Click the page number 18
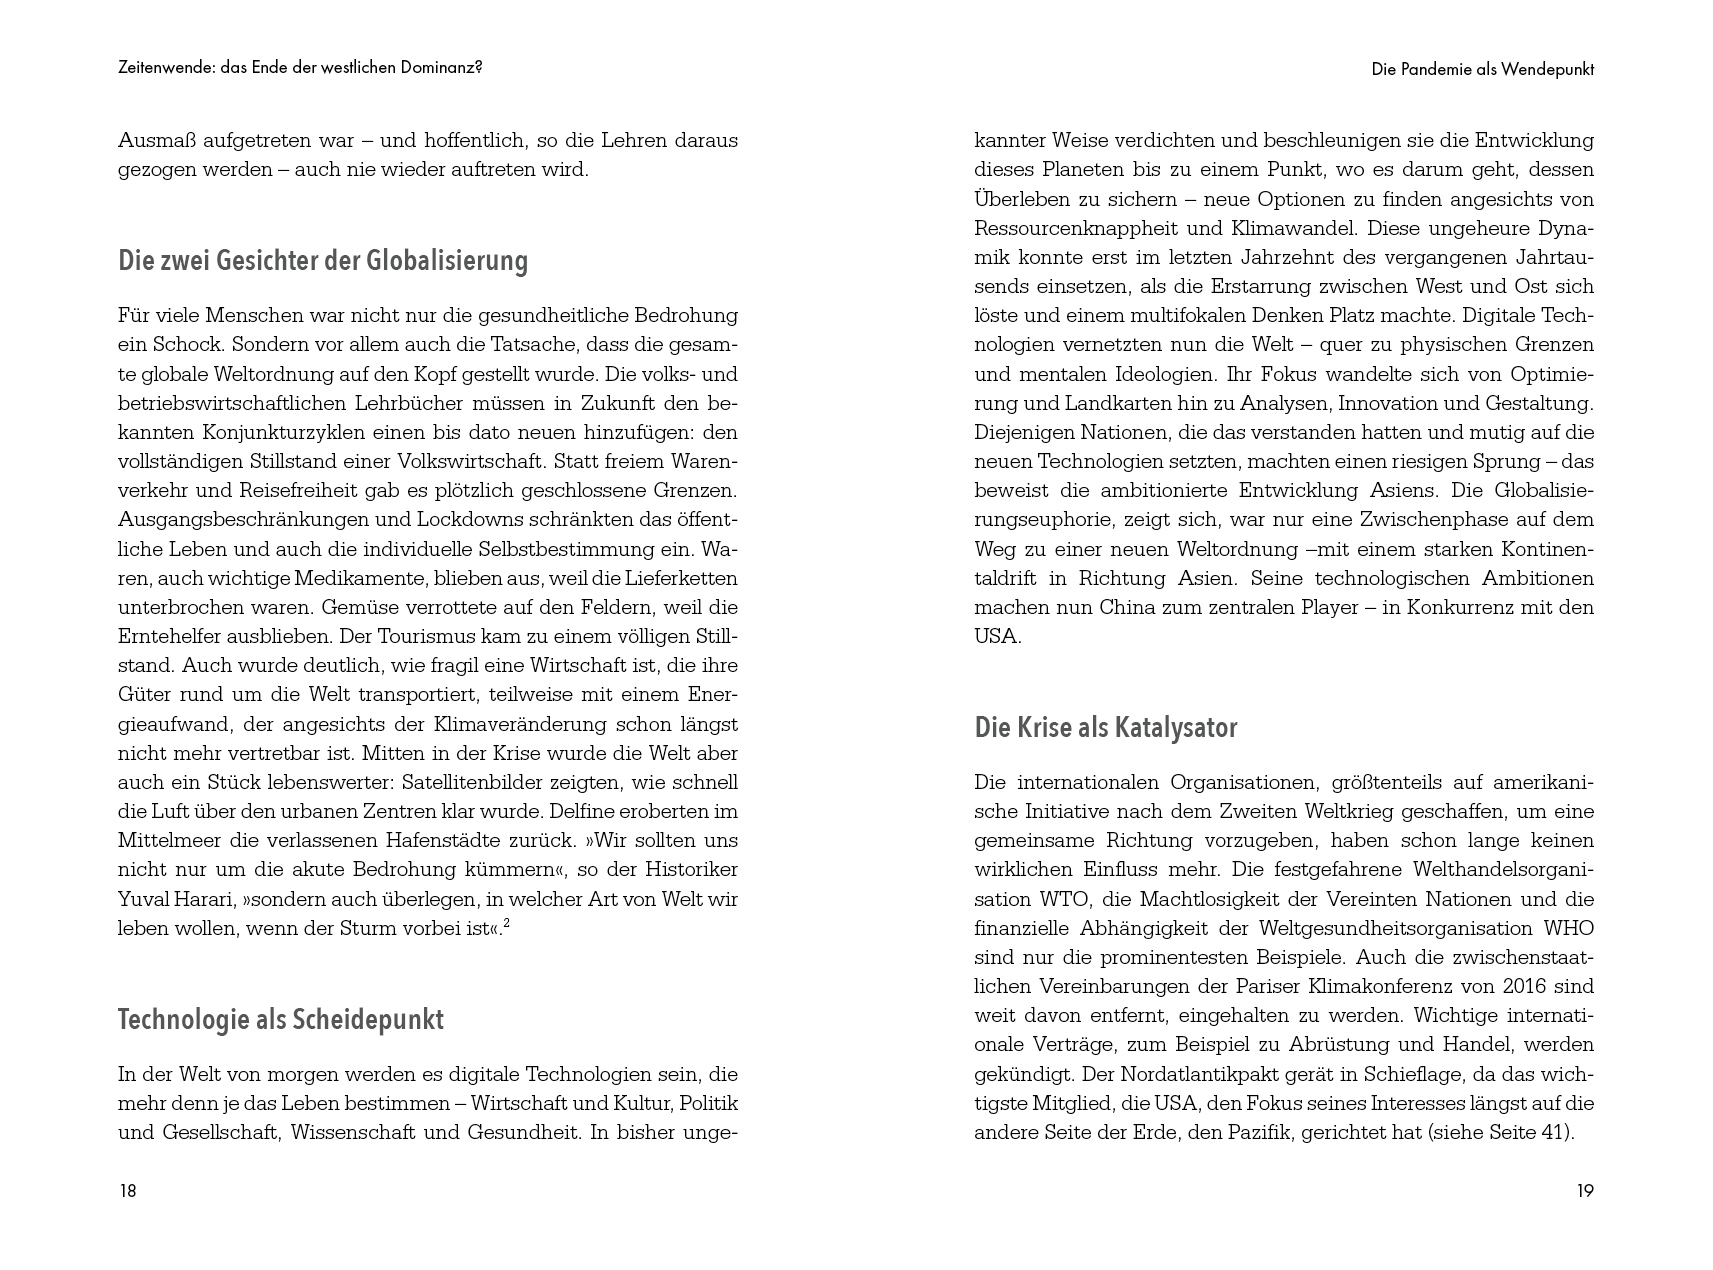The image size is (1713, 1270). pyautogui.click(x=127, y=1190)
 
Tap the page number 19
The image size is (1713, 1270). pyautogui.click(x=1585, y=1190)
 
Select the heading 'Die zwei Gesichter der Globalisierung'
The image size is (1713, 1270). pyautogui.click(x=323, y=261)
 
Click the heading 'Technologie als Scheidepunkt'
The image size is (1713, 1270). pyautogui.click(x=281, y=1020)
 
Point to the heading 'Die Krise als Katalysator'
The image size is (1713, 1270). pyautogui.click(x=1106, y=728)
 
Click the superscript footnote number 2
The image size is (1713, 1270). pyautogui.click(x=507, y=922)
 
